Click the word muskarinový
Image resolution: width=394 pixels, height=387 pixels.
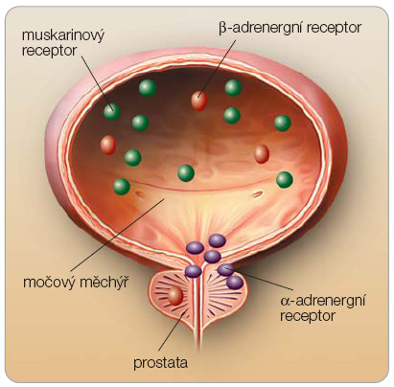click(63, 36)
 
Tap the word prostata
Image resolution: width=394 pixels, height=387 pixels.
click(160, 363)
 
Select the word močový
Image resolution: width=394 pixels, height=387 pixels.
click(48, 283)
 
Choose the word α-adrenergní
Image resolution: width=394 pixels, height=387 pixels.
click(323, 301)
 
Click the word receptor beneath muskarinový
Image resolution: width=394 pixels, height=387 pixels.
click(49, 51)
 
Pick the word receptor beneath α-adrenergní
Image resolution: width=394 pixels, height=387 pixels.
click(308, 316)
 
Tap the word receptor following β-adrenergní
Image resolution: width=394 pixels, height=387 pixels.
click(334, 29)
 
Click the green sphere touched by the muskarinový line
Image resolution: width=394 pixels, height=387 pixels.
click(112, 112)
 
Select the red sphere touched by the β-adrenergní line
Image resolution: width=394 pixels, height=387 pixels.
click(199, 101)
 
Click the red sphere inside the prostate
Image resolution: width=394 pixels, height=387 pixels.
click(175, 296)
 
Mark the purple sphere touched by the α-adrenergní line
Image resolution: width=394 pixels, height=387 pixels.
click(226, 270)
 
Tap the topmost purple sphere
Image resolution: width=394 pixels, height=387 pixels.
click(218, 240)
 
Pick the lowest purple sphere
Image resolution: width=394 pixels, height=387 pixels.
click(235, 283)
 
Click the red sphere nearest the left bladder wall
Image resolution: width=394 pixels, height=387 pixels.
click(108, 145)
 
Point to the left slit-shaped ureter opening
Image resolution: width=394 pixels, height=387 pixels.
click(139, 193)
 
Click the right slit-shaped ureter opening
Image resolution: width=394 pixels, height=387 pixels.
click(258, 193)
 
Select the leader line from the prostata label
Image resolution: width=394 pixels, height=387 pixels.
click(172, 333)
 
